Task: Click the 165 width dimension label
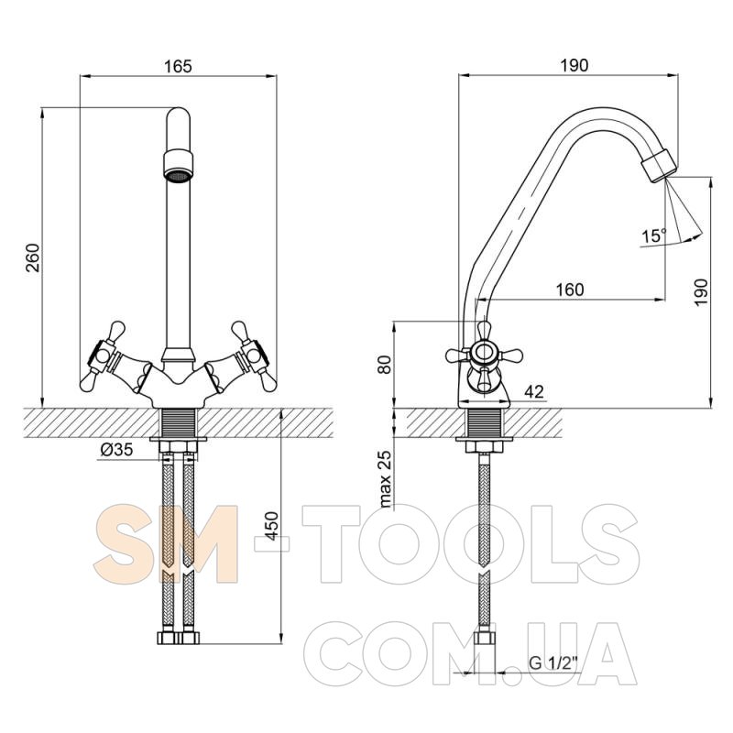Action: tap(178, 66)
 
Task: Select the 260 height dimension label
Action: tap(34, 257)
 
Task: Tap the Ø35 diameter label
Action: tap(117, 449)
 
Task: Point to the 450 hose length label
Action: tap(272, 527)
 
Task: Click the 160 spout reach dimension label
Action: tap(570, 290)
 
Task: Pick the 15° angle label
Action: tap(653, 235)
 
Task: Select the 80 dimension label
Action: tap(385, 365)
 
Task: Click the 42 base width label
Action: tap(534, 391)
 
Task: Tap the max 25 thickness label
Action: tap(386, 479)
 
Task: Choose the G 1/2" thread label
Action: tap(553, 662)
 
